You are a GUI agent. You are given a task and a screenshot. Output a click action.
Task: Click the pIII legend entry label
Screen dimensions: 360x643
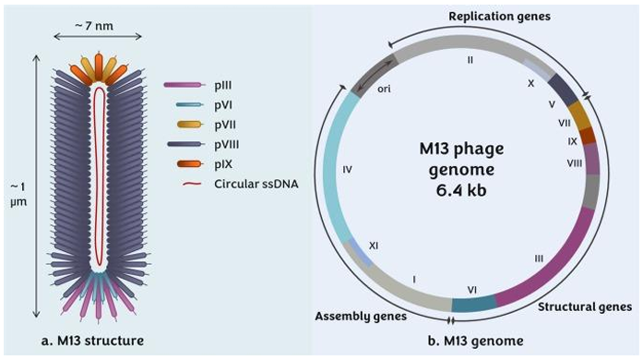(231, 85)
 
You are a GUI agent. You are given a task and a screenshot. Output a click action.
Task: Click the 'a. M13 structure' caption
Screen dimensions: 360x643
(96, 341)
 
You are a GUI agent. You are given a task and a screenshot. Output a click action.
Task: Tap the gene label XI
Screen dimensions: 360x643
(374, 245)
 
